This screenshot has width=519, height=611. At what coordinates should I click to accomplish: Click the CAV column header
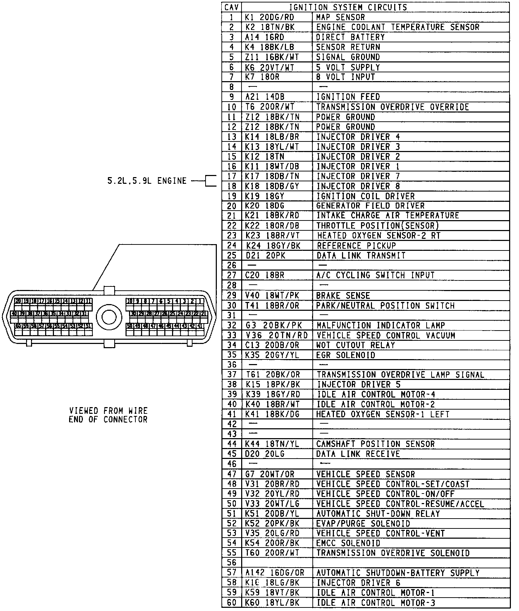tap(232, 7)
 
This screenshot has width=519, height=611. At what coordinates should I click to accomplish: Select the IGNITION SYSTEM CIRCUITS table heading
tap(348, 7)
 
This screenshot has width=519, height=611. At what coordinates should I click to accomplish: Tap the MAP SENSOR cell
tap(340, 17)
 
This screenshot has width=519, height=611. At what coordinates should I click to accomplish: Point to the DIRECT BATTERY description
tap(350, 37)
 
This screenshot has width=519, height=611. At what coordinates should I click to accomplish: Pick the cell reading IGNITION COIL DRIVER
tap(365, 196)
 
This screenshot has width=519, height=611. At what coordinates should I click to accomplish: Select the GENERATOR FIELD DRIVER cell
tap(370, 206)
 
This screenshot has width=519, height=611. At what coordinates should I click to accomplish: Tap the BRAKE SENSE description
tap(343, 296)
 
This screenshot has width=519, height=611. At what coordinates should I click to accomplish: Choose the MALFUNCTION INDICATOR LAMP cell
tap(381, 325)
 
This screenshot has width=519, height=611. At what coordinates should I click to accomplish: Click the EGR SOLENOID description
tap(346, 355)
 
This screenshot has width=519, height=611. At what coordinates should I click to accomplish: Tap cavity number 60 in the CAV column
tap(232, 603)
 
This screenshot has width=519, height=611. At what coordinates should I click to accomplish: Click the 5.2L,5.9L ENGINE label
tap(147, 181)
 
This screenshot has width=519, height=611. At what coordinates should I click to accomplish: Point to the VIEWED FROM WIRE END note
tap(108, 415)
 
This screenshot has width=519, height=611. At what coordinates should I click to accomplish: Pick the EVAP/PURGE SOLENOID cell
tap(363, 524)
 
